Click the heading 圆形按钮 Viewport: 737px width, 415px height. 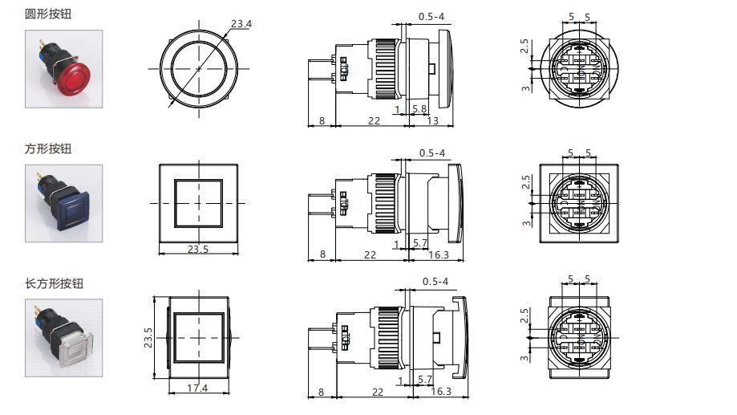pos(48,14)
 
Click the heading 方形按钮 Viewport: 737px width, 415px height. pos(48,149)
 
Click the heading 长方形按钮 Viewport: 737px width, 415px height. pos(55,283)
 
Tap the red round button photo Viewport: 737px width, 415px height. pos(63,69)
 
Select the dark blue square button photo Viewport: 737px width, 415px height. pos(63,204)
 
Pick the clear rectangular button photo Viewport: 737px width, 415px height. pos(63,338)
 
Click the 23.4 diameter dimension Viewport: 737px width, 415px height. pos(241,24)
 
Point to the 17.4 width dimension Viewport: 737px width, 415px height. pos(197,389)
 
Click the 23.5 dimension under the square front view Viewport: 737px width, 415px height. pos(198,250)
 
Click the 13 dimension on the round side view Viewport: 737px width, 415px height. pos(432,120)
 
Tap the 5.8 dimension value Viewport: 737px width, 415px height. pos(419,108)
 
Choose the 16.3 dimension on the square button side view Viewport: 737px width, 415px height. pos(439,254)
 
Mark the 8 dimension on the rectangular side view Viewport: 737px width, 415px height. pos(322,392)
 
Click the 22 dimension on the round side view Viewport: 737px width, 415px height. pos(373,120)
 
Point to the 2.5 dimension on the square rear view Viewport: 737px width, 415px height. pos(525,182)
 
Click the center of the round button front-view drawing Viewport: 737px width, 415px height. pos(198,70)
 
